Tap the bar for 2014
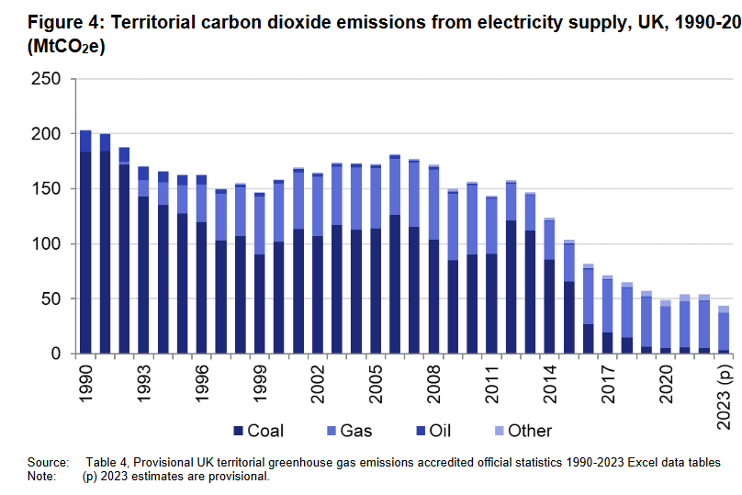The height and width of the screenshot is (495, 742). coord(550,286)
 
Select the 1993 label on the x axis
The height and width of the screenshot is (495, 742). coord(144,383)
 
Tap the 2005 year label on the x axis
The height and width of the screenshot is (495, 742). coord(377,383)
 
